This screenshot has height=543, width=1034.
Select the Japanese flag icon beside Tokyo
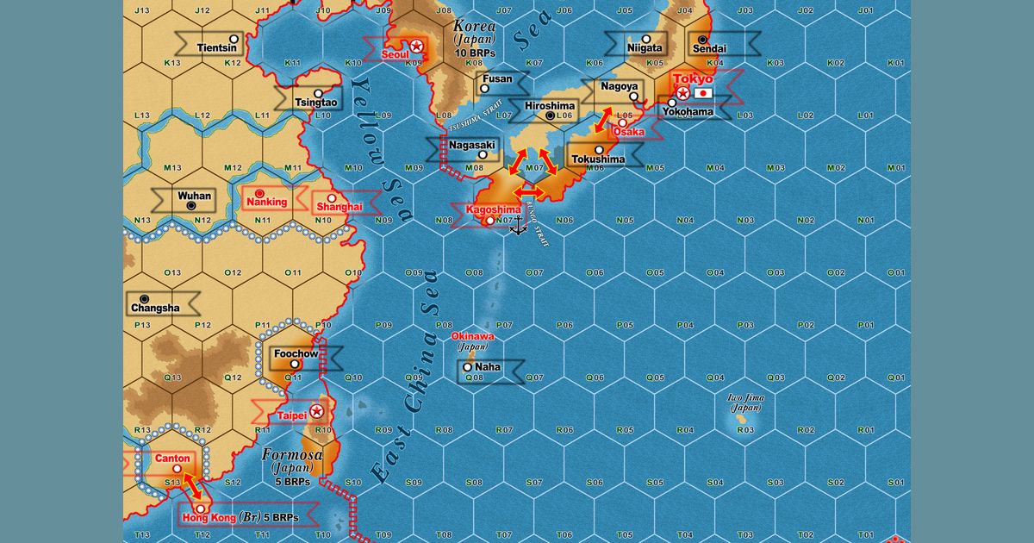[x=704, y=92]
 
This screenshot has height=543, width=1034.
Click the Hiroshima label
[x=550, y=106]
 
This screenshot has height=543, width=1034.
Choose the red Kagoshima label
[x=493, y=209]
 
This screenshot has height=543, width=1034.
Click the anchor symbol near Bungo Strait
[x=518, y=228]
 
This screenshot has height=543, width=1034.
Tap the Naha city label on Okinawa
[x=487, y=367]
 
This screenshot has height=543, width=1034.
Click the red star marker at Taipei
[x=317, y=411]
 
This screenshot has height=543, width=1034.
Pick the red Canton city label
[x=171, y=459]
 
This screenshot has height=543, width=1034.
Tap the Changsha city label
[x=155, y=308]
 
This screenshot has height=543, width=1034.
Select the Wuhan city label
[x=194, y=196]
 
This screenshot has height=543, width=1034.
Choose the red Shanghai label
[x=339, y=207]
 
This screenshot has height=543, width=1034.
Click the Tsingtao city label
[x=316, y=103]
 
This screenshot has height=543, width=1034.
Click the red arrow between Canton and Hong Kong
[x=192, y=487]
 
